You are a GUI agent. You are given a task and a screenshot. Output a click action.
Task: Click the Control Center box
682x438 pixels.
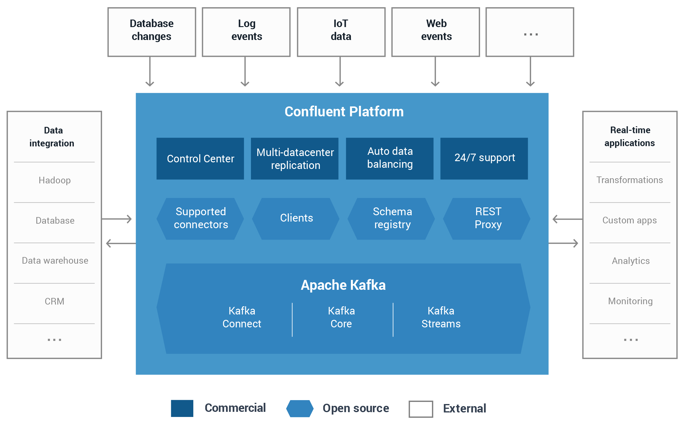200,159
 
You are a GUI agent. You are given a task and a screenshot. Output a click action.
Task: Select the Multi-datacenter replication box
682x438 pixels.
295,159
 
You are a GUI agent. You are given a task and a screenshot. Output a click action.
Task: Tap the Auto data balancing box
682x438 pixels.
390,159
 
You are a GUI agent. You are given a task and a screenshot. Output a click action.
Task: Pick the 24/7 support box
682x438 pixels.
484,159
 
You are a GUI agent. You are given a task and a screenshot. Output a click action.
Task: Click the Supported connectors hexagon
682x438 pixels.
200,219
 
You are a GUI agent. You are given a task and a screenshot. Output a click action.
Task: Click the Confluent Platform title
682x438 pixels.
344,112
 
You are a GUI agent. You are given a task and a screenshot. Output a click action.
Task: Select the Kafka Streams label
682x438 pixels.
441,317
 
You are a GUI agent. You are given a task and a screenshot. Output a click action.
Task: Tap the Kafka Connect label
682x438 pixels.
242,317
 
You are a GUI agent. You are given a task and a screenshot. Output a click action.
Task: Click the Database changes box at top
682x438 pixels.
152,32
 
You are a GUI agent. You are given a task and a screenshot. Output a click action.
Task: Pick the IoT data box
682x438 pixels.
341,32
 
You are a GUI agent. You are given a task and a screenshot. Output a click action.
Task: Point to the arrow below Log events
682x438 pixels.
245,72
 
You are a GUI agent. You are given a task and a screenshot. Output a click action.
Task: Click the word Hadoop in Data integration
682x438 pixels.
55,180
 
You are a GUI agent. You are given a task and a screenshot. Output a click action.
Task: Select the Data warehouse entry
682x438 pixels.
55,261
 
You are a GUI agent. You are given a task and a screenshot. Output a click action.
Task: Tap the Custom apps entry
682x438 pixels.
629,220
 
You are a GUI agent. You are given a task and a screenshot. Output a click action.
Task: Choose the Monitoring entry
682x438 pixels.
630,301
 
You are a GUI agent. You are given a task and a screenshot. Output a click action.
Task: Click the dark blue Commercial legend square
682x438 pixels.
182,408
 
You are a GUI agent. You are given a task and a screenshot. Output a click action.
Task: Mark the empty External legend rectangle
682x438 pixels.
421,409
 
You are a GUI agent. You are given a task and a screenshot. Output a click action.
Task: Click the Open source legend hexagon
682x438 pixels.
300,409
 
